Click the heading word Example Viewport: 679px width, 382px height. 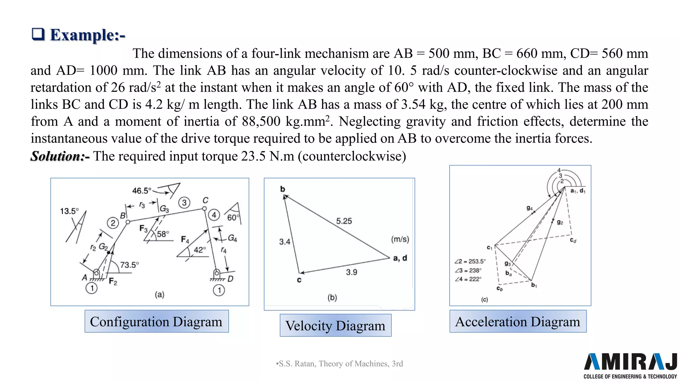[x=87, y=35]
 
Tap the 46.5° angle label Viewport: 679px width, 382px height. [x=142, y=191]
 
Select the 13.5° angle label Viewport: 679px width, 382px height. [x=69, y=211]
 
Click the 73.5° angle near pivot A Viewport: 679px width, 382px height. [x=129, y=265]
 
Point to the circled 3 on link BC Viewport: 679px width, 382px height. [x=184, y=202]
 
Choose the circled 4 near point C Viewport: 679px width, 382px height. [x=214, y=215]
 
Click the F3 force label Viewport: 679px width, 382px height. [x=143, y=229]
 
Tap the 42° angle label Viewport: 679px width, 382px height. [x=200, y=250]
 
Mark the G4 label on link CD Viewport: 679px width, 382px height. [x=232, y=238]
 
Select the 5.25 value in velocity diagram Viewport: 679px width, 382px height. [x=344, y=221]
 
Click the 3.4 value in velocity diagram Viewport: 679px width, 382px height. [x=284, y=242]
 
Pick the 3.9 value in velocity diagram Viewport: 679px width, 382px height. [x=351, y=272]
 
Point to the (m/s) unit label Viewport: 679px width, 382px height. [x=400, y=239]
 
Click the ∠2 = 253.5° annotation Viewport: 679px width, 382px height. [x=470, y=261]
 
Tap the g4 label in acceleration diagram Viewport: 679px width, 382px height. [x=529, y=208]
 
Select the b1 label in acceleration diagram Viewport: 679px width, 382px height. [x=534, y=285]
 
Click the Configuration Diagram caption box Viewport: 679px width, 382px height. [x=156, y=321]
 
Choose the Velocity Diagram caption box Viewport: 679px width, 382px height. [x=336, y=325]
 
